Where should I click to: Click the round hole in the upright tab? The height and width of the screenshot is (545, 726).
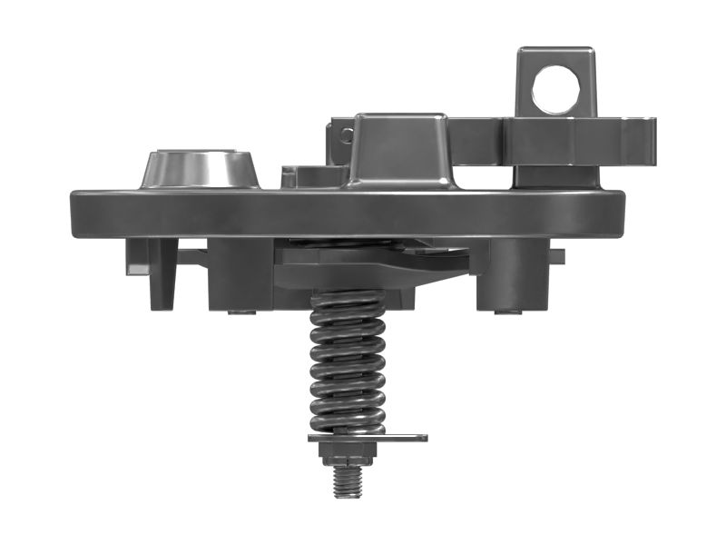(555, 91)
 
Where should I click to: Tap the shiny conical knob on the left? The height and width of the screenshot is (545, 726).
(199, 169)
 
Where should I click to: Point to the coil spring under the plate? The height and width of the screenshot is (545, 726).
(348, 363)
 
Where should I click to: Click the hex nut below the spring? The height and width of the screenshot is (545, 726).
(348, 451)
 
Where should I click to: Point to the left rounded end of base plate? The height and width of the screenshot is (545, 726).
(82, 214)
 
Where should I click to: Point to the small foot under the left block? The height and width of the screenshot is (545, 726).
(240, 312)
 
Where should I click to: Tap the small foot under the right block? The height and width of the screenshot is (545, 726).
(507, 312)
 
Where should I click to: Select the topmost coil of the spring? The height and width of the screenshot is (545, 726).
(348, 300)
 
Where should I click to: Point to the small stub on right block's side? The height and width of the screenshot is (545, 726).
(556, 257)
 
